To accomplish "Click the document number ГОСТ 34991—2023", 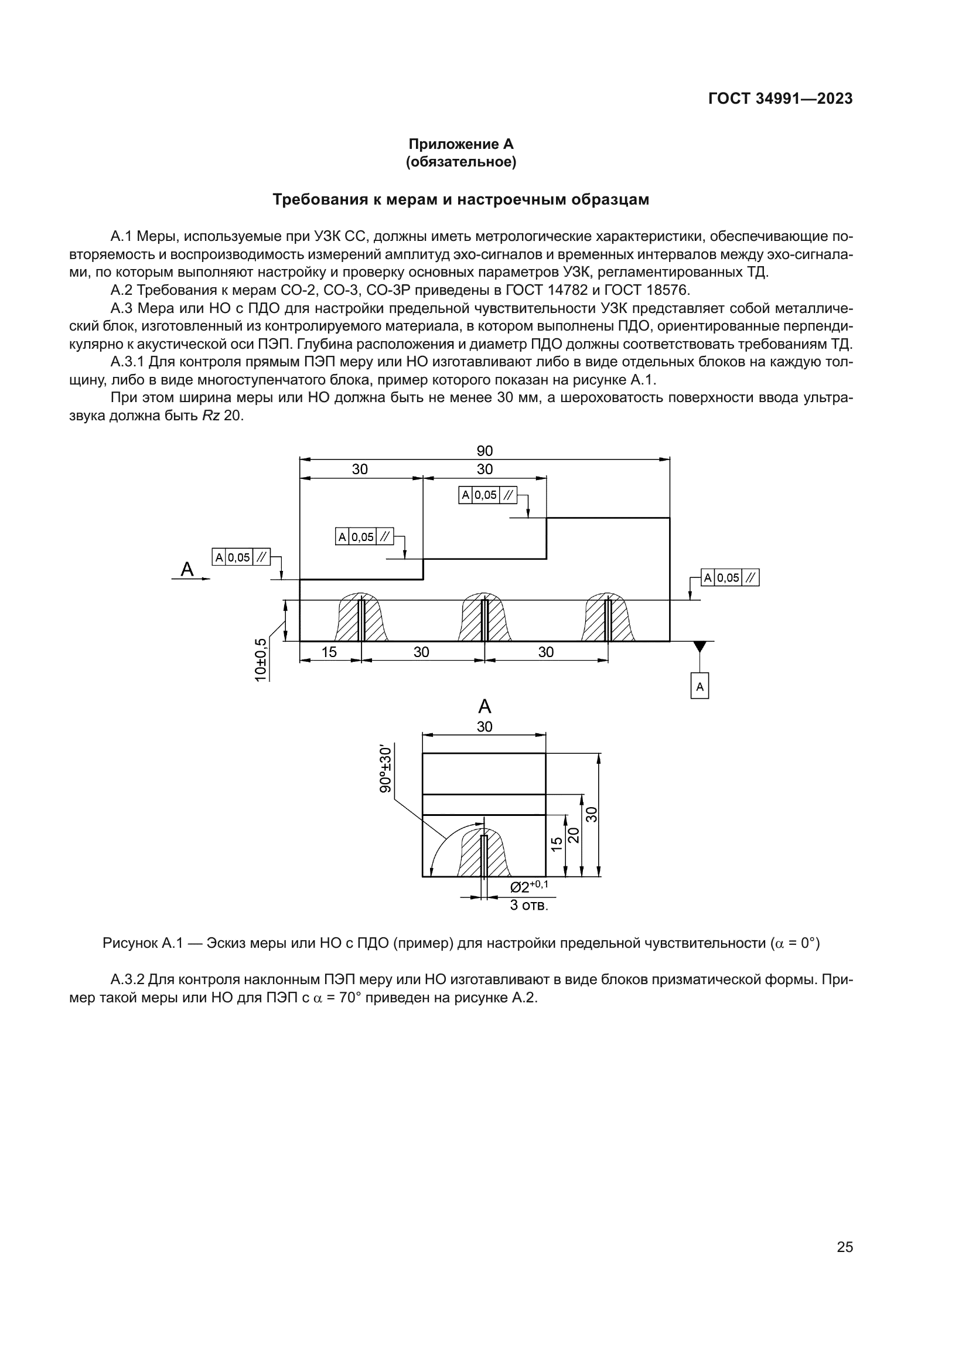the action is point(780,98).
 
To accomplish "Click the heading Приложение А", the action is point(460,144).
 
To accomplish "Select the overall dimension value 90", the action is point(485,451).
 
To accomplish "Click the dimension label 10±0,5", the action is point(261,659).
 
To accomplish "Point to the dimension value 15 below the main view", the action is point(329,652).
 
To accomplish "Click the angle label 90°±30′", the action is point(386,768).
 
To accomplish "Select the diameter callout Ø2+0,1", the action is point(529,887).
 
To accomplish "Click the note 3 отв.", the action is point(528,905).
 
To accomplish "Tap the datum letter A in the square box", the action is point(700,687).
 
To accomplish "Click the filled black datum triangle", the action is point(700,647).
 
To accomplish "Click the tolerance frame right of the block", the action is point(731,577).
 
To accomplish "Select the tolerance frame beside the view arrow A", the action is point(241,557).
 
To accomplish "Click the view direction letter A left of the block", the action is point(187,569).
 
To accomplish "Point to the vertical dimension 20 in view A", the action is point(574,835).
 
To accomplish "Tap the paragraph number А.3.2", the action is point(128,979).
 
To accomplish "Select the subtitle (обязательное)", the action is point(460,162).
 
